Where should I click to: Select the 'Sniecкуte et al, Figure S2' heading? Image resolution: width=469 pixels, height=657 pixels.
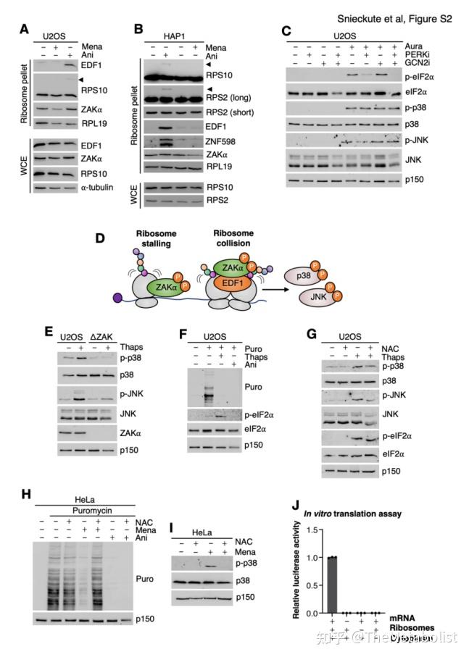pyautogui.click(x=395, y=19)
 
